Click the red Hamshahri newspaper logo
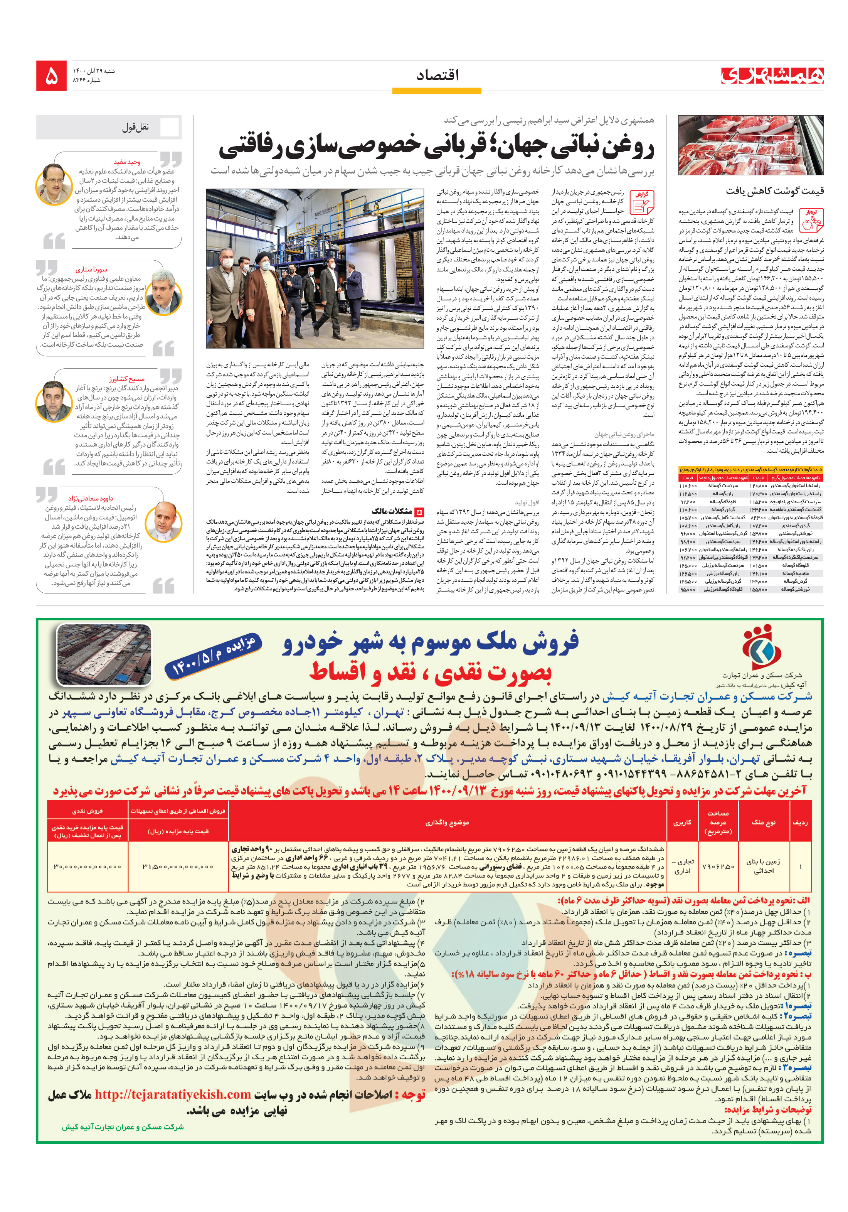click(772, 76)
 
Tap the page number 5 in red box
click(51, 76)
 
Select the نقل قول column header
click(136, 127)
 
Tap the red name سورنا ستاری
click(91, 269)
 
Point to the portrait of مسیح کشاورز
click(54, 401)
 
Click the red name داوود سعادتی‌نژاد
click(90, 498)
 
